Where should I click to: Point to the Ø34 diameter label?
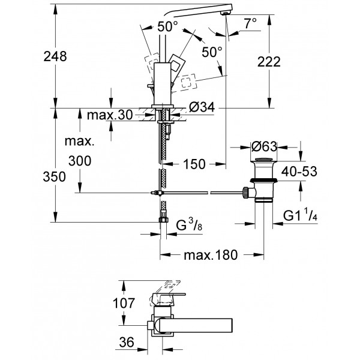click(x=202, y=108)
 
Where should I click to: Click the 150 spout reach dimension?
click(x=194, y=163)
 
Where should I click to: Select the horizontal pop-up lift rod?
click(x=198, y=192)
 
